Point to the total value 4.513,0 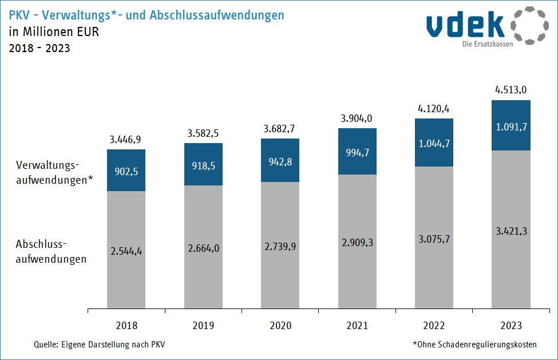[511, 89]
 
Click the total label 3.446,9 [126, 139]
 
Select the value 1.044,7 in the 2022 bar [434, 144]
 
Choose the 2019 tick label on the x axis [203, 326]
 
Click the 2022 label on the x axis [434, 326]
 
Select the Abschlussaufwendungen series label [51, 251]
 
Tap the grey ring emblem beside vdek [529, 26]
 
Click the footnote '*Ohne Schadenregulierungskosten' [474, 345]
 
